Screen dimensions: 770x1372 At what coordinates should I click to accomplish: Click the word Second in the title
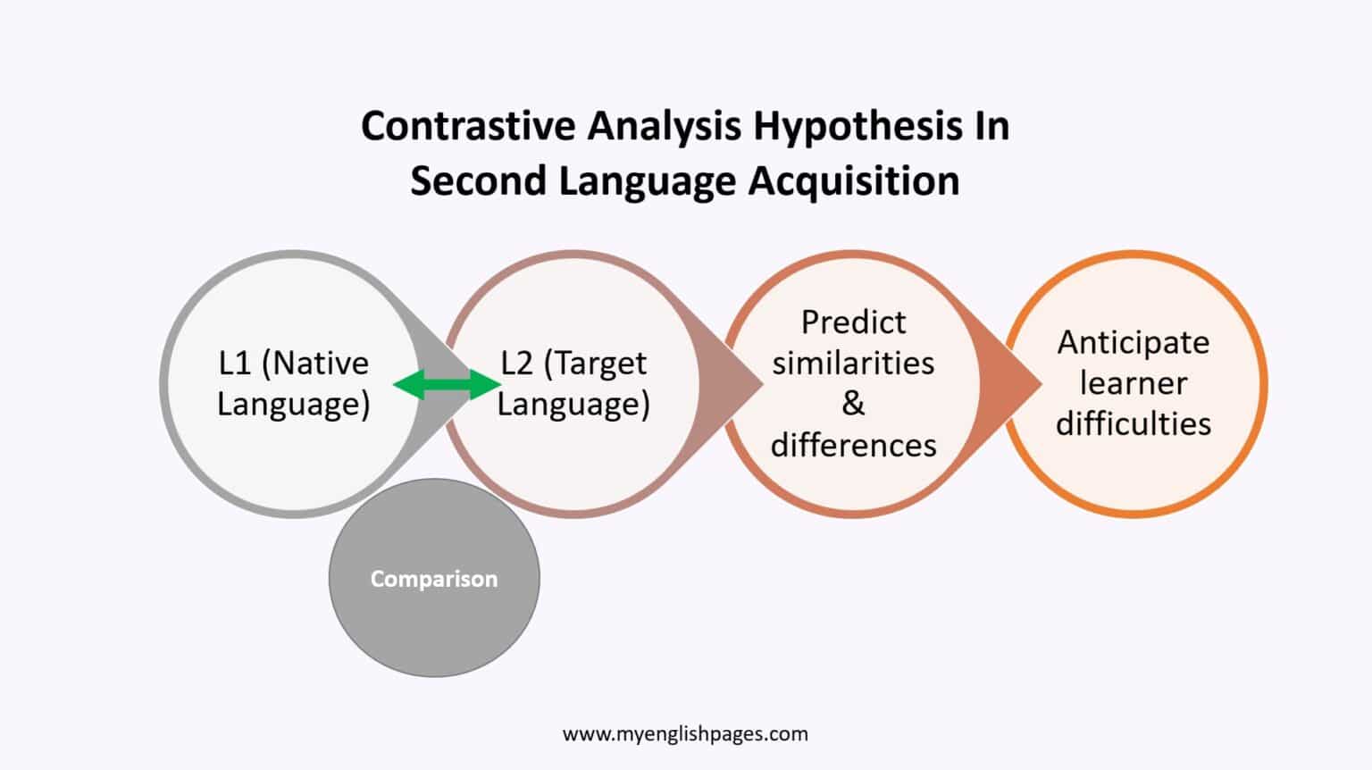coord(477,181)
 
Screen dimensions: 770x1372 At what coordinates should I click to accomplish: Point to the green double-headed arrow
coord(447,385)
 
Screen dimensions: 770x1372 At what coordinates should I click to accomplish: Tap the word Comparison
coord(434,579)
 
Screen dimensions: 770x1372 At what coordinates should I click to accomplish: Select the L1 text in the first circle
coord(235,364)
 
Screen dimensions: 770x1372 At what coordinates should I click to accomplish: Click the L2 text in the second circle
coord(516,364)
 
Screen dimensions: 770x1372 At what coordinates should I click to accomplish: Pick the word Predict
coord(853,322)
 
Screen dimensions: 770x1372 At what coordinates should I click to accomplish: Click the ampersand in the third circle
coord(853,404)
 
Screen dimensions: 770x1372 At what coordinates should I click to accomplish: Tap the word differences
coord(853,445)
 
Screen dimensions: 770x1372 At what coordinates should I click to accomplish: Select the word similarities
coord(853,364)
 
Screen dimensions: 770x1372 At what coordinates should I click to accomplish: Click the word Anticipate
coord(1134,343)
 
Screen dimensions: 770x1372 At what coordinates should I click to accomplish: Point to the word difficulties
coord(1134,423)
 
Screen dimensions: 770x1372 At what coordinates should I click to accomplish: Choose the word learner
coord(1134,383)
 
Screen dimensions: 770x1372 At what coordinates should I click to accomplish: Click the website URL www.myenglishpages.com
coord(685,734)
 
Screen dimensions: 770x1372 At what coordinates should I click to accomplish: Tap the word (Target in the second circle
coord(595,364)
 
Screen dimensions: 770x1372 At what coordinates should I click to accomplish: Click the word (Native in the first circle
coord(315,364)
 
